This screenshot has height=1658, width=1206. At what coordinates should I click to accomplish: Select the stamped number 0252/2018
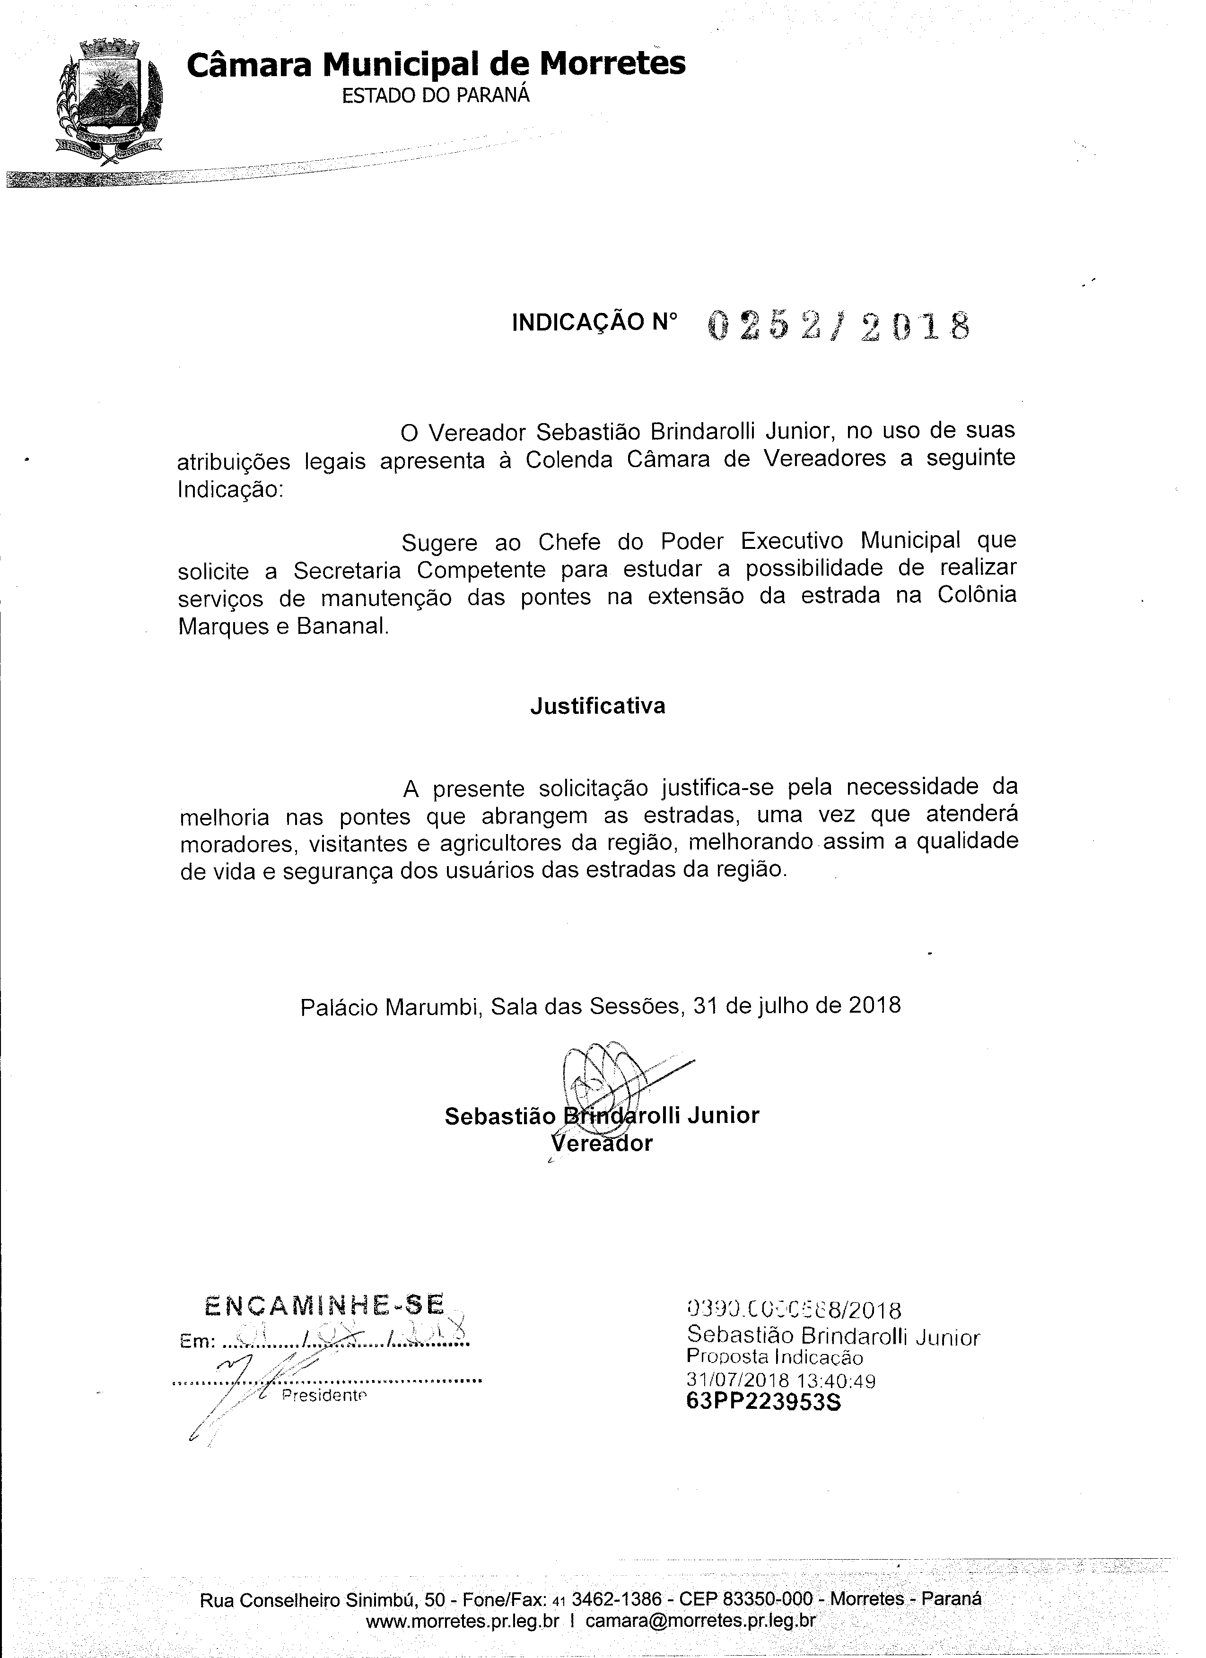click(839, 326)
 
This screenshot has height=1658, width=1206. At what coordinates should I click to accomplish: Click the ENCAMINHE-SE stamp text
click(325, 1306)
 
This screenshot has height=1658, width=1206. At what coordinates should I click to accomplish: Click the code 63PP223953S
click(763, 1402)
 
